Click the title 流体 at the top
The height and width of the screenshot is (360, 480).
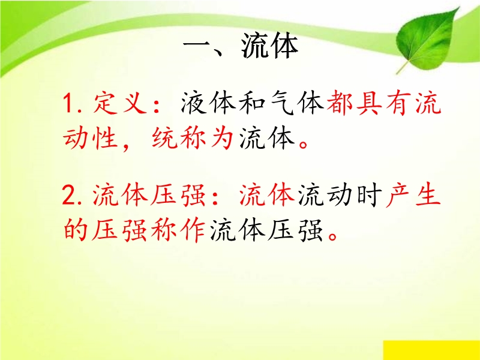[269, 46]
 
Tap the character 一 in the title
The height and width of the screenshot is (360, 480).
[196, 47]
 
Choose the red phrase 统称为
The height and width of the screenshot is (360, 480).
[193, 138]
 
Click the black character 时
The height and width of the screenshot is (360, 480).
[370, 195]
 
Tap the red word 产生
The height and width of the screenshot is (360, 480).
[413, 195]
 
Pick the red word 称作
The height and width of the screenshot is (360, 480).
[178, 230]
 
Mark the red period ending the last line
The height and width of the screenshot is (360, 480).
[332, 236]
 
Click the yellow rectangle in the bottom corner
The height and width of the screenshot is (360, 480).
[431, 350]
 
